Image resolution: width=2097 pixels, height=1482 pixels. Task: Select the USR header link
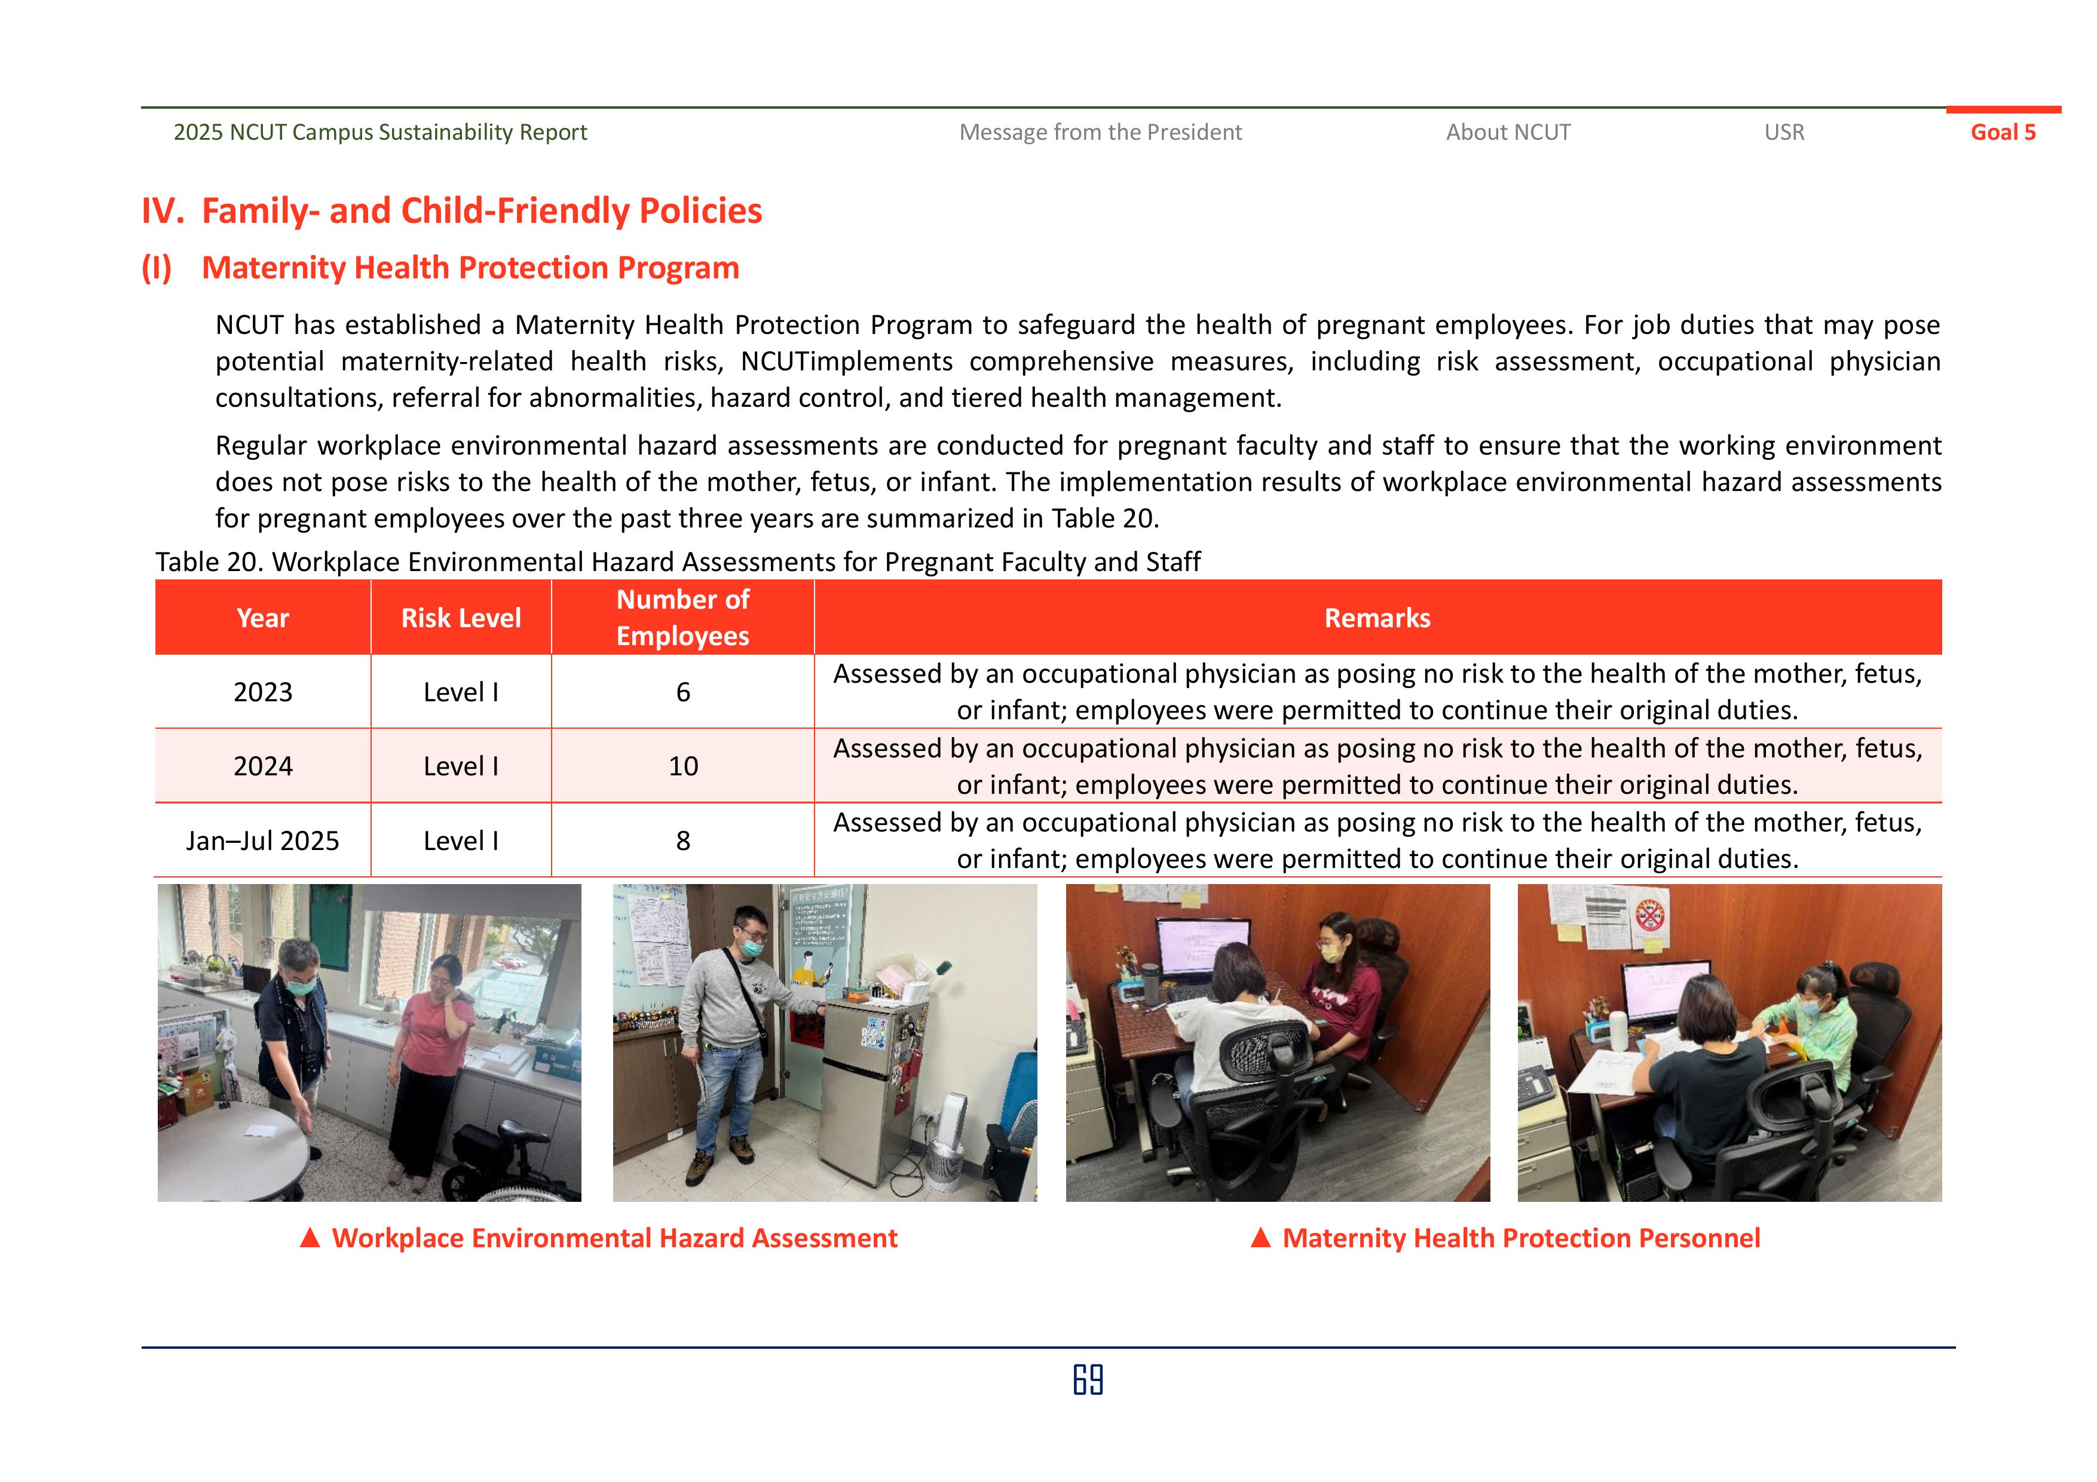click(1784, 133)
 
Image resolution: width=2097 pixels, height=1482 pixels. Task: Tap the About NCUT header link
click(1508, 133)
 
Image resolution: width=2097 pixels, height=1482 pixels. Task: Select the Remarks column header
click(1376, 618)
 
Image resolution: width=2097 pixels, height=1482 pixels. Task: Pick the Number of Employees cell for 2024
click(682, 766)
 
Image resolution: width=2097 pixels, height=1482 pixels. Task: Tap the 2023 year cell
click(262, 692)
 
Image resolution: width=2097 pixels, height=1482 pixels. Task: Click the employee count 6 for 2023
click(682, 692)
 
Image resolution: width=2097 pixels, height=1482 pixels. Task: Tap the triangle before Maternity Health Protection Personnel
click(1260, 1238)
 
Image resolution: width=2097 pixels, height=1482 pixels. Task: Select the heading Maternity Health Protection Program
click(470, 268)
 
